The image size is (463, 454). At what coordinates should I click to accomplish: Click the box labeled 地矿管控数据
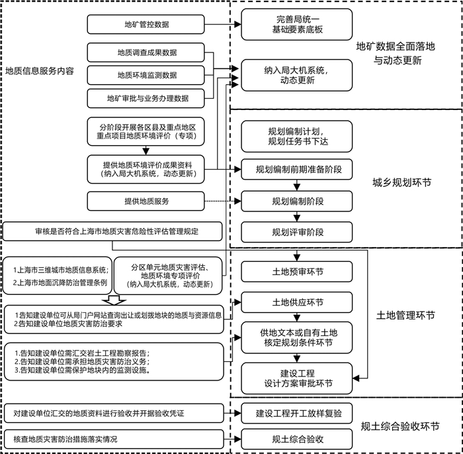(146, 25)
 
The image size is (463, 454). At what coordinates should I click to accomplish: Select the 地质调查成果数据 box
(146, 52)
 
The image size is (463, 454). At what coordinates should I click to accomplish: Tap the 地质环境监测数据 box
(146, 75)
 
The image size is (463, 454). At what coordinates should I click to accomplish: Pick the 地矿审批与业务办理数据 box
(146, 98)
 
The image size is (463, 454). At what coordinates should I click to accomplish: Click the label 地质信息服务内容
(40, 70)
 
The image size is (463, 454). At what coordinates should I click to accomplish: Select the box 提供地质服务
(146, 199)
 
